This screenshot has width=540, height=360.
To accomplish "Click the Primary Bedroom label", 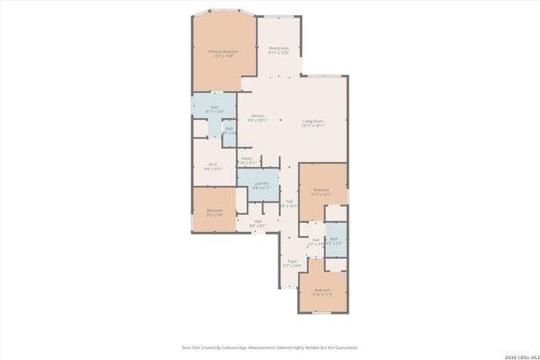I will click(x=224, y=51).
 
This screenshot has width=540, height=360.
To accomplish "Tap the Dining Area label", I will click(x=279, y=48).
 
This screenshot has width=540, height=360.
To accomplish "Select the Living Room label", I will click(x=314, y=121).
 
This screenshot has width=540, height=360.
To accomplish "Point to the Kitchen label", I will click(x=257, y=116).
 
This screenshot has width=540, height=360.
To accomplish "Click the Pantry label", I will click(x=246, y=158).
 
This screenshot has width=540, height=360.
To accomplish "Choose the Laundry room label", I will click(x=261, y=183).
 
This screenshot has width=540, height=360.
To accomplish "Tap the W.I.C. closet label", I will click(x=214, y=164).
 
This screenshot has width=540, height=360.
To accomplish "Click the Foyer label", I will click(x=292, y=261).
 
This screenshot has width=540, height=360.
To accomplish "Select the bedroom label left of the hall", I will click(x=214, y=210).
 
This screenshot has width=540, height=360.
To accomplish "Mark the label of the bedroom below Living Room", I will click(x=321, y=190).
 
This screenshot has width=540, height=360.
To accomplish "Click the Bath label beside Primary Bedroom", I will click(x=214, y=107).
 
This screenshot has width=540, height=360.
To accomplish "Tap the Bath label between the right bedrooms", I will click(x=333, y=239).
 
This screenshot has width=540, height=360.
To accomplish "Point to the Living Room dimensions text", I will click(x=314, y=126).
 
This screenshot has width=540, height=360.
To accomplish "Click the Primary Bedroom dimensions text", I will click(x=224, y=56).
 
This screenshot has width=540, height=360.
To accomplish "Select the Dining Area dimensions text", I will click(x=279, y=53).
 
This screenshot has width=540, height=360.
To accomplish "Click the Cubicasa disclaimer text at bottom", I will click(x=269, y=347).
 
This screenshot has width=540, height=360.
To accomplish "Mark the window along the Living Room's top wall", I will click(x=318, y=77).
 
